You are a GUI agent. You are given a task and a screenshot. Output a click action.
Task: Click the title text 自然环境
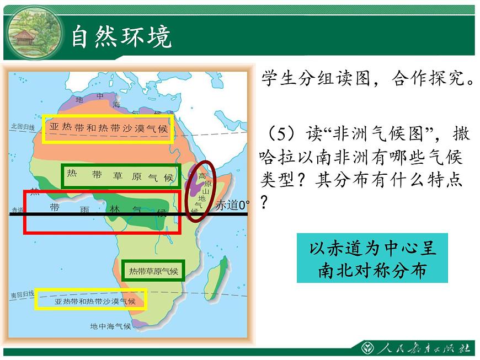(121, 37)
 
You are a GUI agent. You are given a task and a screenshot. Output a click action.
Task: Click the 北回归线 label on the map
(23, 126)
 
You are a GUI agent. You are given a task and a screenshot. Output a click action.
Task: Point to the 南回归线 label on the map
(23, 294)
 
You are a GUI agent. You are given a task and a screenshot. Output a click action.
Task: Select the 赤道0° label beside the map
(233, 205)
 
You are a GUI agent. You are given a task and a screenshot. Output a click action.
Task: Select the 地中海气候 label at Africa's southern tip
(110, 326)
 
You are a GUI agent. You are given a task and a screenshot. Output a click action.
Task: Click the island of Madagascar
(217, 278)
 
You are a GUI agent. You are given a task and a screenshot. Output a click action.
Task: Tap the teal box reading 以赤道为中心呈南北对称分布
(372, 258)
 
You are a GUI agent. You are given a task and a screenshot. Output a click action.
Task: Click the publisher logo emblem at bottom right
(367, 348)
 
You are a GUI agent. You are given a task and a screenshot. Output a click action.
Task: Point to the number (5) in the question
(281, 133)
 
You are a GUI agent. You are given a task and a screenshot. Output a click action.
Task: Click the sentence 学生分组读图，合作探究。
(368, 78)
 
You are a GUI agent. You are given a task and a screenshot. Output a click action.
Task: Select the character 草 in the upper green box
(118, 175)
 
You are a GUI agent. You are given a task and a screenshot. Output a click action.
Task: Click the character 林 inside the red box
(115, 209)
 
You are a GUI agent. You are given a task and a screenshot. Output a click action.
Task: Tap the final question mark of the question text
(264, 202)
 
